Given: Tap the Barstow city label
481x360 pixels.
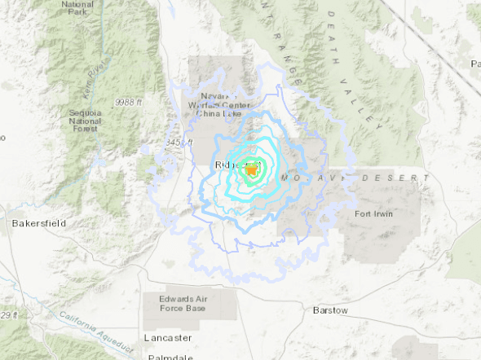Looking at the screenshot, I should coord(330,310).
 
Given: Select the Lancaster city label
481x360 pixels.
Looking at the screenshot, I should coord(167,337).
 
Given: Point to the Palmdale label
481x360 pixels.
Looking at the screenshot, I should coord(170,357).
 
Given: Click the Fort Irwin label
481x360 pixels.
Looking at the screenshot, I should coord(376,214).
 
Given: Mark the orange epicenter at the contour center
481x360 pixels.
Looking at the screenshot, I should coord(252,169).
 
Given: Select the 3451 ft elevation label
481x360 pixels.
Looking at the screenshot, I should coord(177,143).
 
